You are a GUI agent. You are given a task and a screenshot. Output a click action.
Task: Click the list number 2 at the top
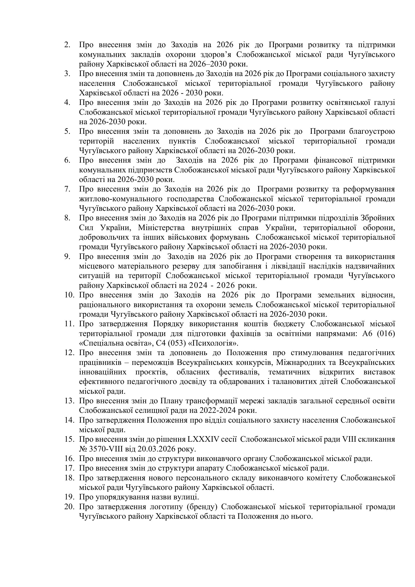(67, 45)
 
